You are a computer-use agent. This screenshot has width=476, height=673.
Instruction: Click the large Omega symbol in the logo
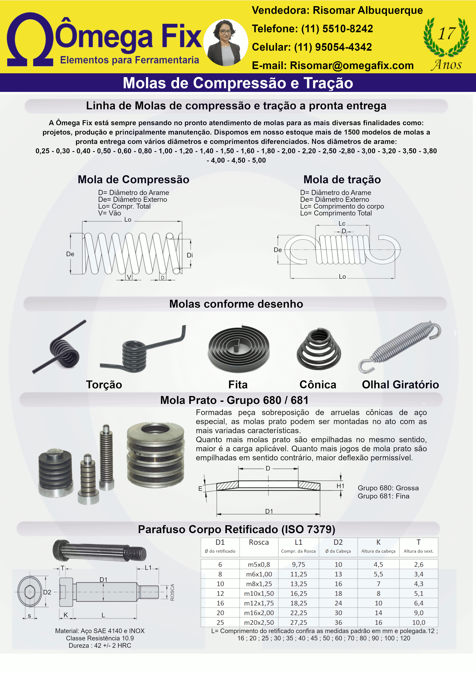click(x=30, y=40)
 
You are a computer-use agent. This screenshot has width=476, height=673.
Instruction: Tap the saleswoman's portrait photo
click(x=226, y=43)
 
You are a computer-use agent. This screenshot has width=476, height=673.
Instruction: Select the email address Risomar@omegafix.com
click(x=352, y=66)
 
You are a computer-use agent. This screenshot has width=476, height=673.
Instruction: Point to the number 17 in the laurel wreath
click(x=446, y=33)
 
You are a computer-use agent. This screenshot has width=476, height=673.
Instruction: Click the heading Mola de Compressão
click(x=133, y=179)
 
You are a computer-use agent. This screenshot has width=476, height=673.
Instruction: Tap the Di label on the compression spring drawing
click(x=190, y=255)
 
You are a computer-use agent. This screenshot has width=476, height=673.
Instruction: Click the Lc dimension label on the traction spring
click(x=342, y=224)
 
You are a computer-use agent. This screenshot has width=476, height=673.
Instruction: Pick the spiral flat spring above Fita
click(x=238, y=349)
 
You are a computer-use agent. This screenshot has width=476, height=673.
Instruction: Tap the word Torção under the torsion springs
click(x=104, y=385)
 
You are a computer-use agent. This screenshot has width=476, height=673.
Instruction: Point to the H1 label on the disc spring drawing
click(x=340, y=486)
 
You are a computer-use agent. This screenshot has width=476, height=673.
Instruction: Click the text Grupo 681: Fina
click(x=383, y=496)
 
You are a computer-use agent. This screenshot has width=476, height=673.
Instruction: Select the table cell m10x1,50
click(x=259, y=594)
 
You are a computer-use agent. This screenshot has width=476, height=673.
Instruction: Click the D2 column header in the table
click(x=338, y=543)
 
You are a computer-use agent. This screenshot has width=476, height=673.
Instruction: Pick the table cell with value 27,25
click(x=299, y=622)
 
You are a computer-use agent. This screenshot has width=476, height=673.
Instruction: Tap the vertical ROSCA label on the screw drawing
click(x=172, y=592)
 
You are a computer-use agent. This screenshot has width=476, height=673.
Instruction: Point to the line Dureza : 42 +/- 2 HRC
click(x=100, y=645)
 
